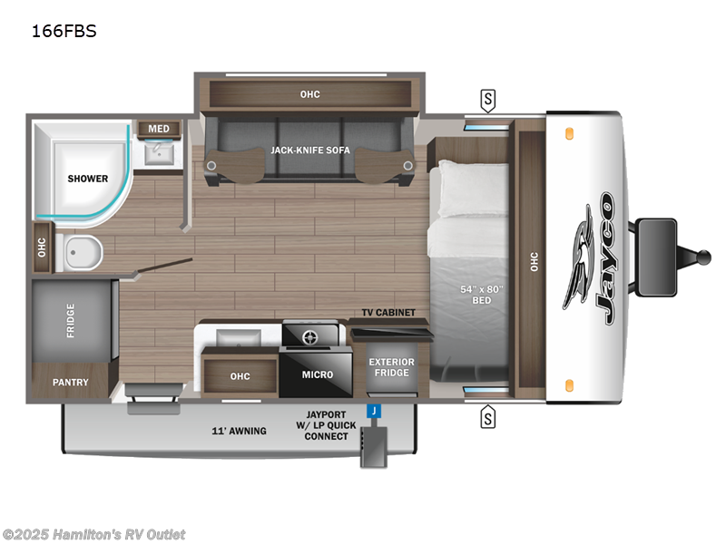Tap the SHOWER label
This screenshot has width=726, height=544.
click(x=87, y=179)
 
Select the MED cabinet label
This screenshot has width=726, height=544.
click(x=159, y=129)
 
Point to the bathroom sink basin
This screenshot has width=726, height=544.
click(x=160, y=154)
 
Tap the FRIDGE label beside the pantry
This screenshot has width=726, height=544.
click(x=71, y=320)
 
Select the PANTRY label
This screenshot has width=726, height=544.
click(x=70, y=383)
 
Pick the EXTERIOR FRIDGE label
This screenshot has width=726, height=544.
click(x=391, y=368)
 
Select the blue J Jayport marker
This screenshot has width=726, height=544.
click(x=372, y=412)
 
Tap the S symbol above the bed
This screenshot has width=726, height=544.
click(x=488, y=99)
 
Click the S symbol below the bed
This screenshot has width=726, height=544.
click(x=488, y=417)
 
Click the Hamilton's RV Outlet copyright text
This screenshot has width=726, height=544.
click(x=93, y=535)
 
